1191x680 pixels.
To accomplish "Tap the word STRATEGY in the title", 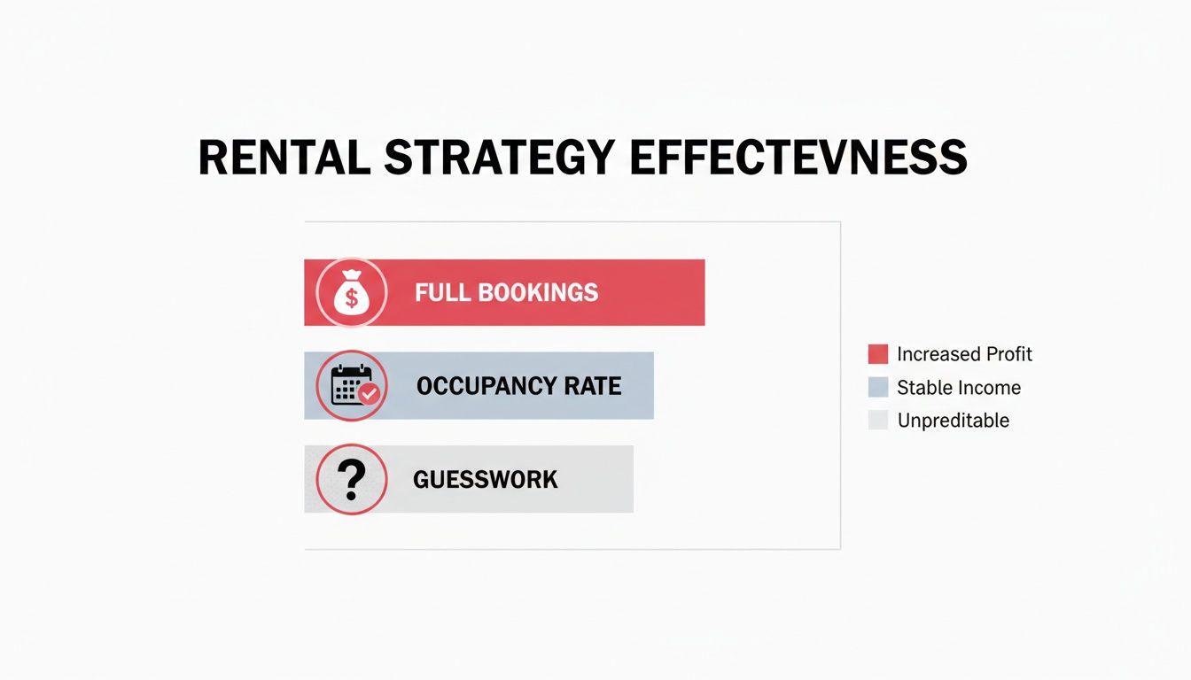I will [500, 158].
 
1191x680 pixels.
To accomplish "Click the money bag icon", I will [352, 293].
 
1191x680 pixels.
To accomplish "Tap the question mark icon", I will [352, 479].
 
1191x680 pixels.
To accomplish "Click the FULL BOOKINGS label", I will [506, 293].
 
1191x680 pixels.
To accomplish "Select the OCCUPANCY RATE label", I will [518, 386].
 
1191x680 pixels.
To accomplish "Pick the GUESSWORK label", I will [485, 480].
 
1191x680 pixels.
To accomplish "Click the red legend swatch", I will [878, 354].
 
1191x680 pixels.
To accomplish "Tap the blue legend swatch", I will [878, 387].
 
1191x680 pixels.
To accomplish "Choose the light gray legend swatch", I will [878, 420].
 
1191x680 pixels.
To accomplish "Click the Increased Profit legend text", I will [964, 354].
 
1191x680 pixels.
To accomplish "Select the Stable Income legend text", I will [959, 387].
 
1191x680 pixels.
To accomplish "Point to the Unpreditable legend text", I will [954, 421].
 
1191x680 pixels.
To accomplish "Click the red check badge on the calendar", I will [368, 394].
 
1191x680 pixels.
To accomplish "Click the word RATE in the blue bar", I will [593, 386].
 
